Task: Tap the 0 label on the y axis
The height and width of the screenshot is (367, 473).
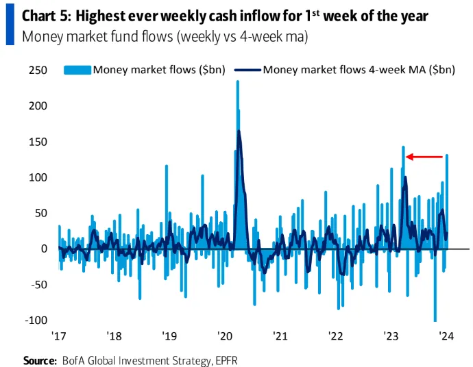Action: pos(43,249)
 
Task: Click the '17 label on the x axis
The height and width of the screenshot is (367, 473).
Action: pos(59,337)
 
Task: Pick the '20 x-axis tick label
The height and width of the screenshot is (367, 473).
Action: pos(226,337)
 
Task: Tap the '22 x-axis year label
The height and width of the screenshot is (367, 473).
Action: pos(335,337)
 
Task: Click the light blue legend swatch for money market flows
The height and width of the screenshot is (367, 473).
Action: pos(77,69)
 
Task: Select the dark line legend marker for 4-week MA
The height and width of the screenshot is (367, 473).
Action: pos(247,69)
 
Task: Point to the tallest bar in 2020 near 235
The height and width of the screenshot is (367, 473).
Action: pos(237,83)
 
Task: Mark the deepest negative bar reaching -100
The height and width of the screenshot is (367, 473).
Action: pos(435,319)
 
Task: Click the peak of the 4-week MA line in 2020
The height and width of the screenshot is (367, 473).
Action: pos(239,131)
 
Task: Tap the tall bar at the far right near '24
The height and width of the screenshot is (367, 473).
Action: pos(447,156)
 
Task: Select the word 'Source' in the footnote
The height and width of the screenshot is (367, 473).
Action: pos(40,359)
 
